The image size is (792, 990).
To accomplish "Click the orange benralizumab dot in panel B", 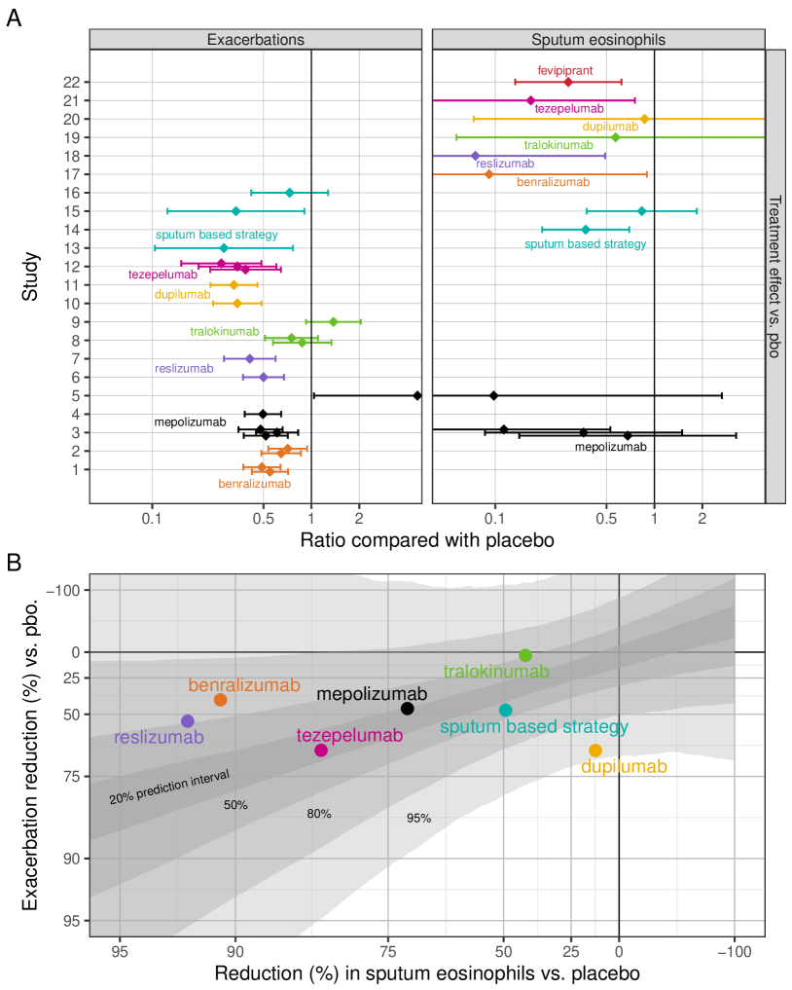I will tap(220, 700).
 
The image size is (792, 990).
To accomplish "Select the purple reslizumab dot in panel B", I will tap(188, 721).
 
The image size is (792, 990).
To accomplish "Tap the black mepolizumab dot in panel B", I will tap(408, 709).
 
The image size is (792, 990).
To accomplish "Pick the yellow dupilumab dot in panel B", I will tap(595, 751).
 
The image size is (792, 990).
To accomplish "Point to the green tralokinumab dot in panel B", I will tap(525, 656).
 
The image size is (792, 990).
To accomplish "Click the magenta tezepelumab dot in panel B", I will tap(321, 751).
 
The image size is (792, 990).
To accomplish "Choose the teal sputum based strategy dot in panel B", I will tap(505, 711).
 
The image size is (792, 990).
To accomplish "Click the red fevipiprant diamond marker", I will tap(568, 82).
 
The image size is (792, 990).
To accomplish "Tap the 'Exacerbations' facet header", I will tap(256, 39).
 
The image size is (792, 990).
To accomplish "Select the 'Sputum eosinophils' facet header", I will tap(598, 39).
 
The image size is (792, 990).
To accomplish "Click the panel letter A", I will tap(14, 18).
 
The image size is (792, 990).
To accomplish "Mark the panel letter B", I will tap(14, 562).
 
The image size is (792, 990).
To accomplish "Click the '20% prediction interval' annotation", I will tap(169, 787).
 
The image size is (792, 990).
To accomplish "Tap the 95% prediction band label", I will tap(418, 819).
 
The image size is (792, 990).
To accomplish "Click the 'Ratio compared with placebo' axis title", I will tap(428, 539).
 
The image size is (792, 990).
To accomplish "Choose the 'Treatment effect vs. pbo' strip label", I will tap(775, 276).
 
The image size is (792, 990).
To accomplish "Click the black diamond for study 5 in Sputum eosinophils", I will tap(493, 395).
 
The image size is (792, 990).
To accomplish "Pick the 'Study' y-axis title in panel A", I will tap(31, 276).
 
